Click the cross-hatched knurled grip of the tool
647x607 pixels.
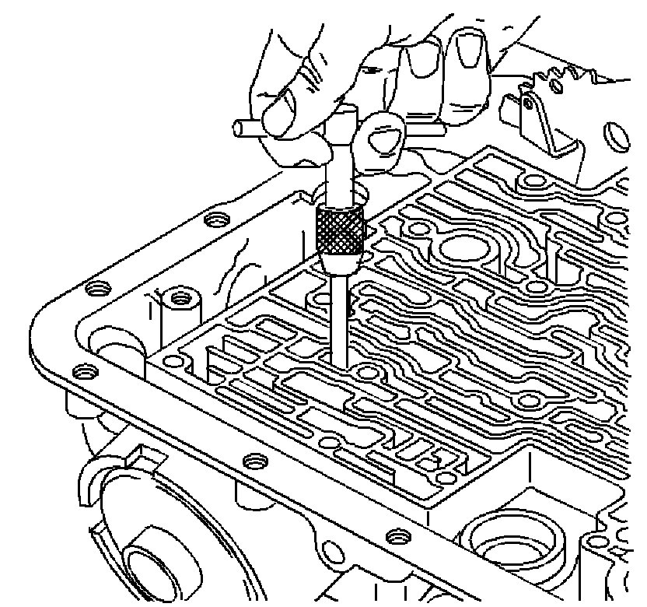(x=341, y=231)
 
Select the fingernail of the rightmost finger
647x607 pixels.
(x=467, y=49)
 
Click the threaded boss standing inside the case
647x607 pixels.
(x=180, y=300)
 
